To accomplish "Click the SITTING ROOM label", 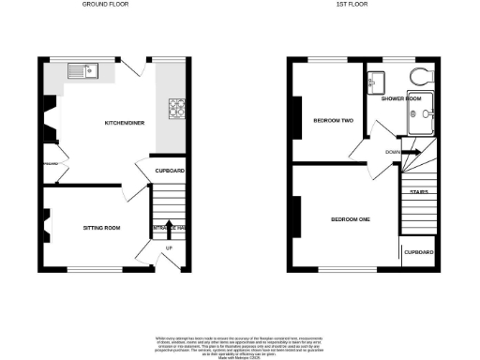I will [100, 228].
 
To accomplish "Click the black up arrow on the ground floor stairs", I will [170, 226].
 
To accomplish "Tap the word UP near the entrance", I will [169, 247].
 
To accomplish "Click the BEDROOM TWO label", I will [333, 121].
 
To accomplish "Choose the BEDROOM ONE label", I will [351, 219].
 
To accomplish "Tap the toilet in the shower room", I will [417, 77].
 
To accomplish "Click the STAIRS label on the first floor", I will [418, 192].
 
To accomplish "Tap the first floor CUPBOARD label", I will [418, 252].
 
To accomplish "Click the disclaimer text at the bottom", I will [240, 342].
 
